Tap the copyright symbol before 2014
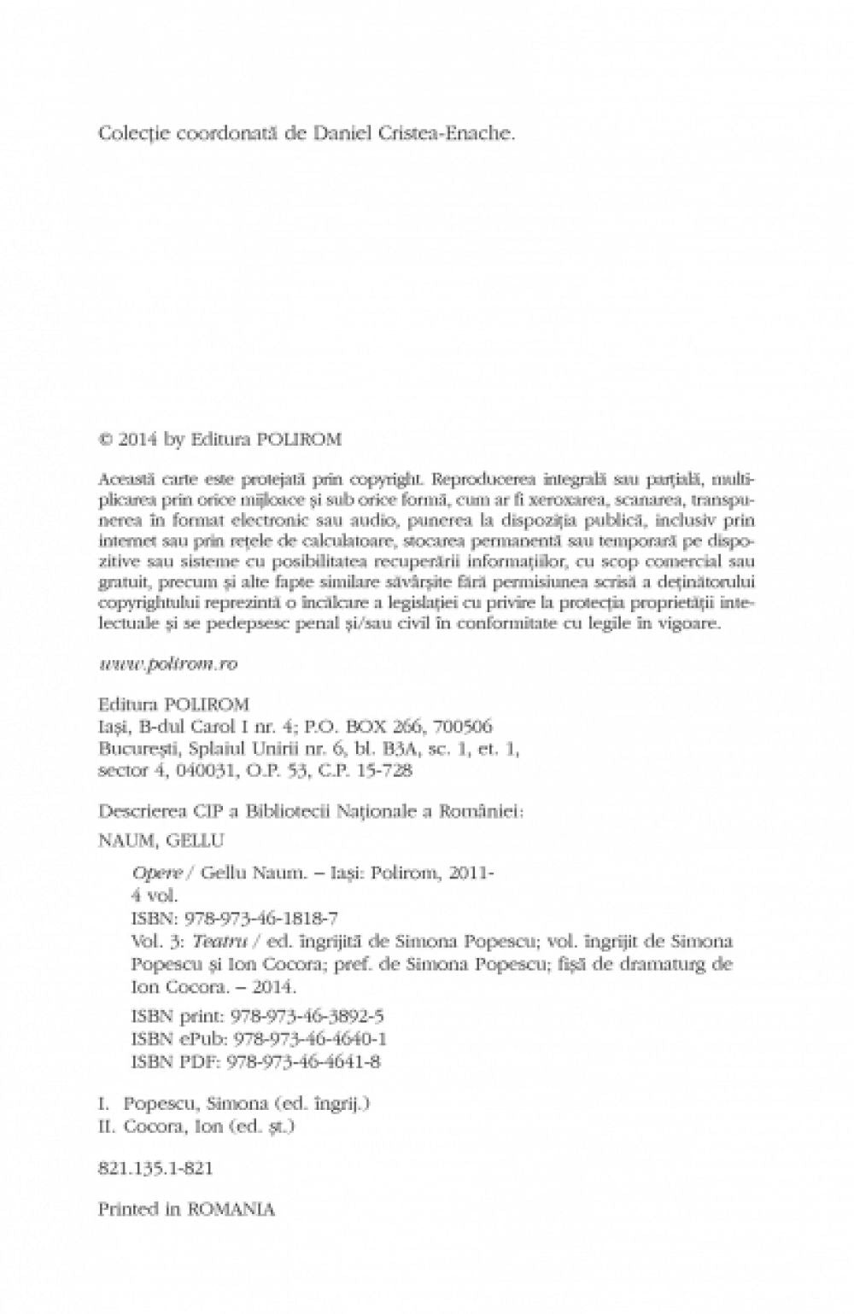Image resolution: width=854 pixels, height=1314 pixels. tap(106, 440)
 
